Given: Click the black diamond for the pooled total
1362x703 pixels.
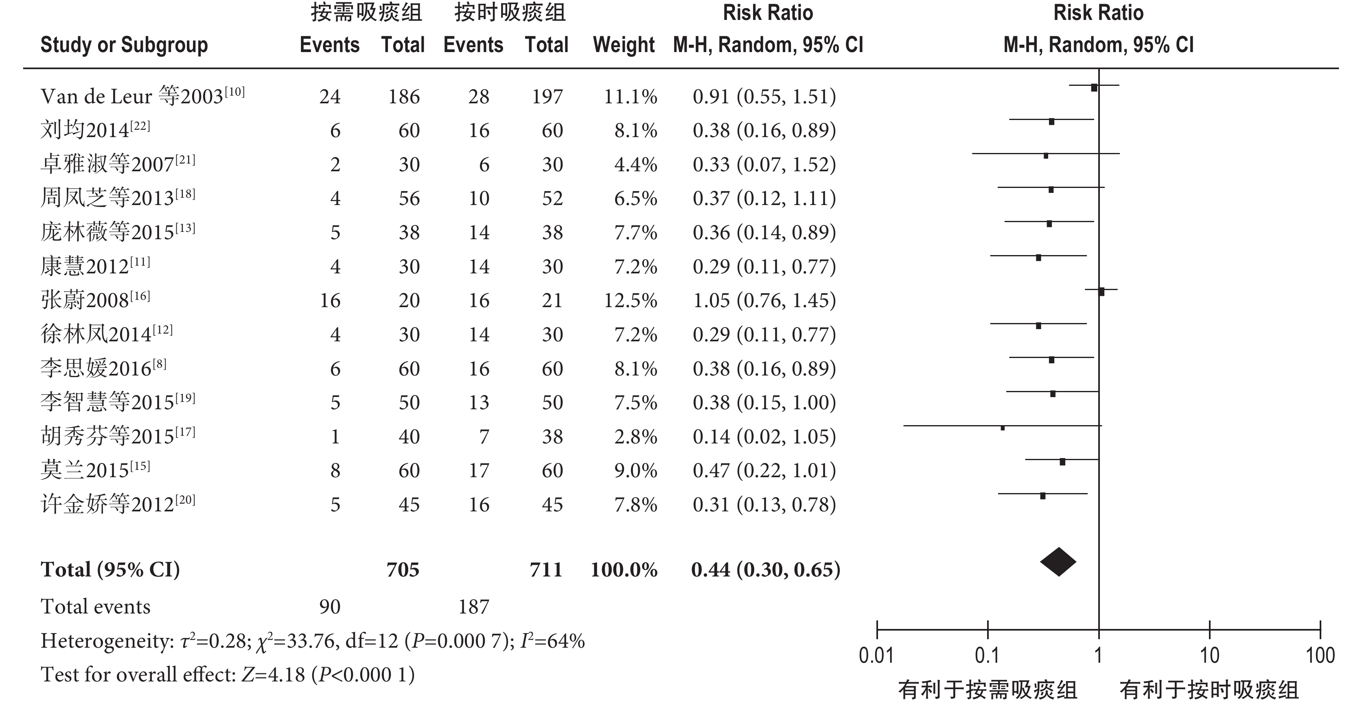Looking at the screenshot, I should point(1058,562).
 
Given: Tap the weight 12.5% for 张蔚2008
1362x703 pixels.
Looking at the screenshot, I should point(630,300).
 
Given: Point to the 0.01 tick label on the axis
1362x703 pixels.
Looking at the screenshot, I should point(876,655).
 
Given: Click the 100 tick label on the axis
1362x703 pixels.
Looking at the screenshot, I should point(1320,655).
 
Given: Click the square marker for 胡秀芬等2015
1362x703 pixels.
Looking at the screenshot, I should point(1003,428).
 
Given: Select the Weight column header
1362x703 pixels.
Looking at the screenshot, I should point(624,45).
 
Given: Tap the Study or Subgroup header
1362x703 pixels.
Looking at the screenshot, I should point(124,45).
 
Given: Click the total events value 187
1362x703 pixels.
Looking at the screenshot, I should point(474,606).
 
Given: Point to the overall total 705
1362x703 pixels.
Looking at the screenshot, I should point(403,569).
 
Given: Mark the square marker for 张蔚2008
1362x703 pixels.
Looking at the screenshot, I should point(1101,291).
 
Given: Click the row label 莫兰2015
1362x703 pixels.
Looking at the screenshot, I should point(95,470).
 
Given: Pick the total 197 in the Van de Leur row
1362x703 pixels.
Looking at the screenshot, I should point(547,96).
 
